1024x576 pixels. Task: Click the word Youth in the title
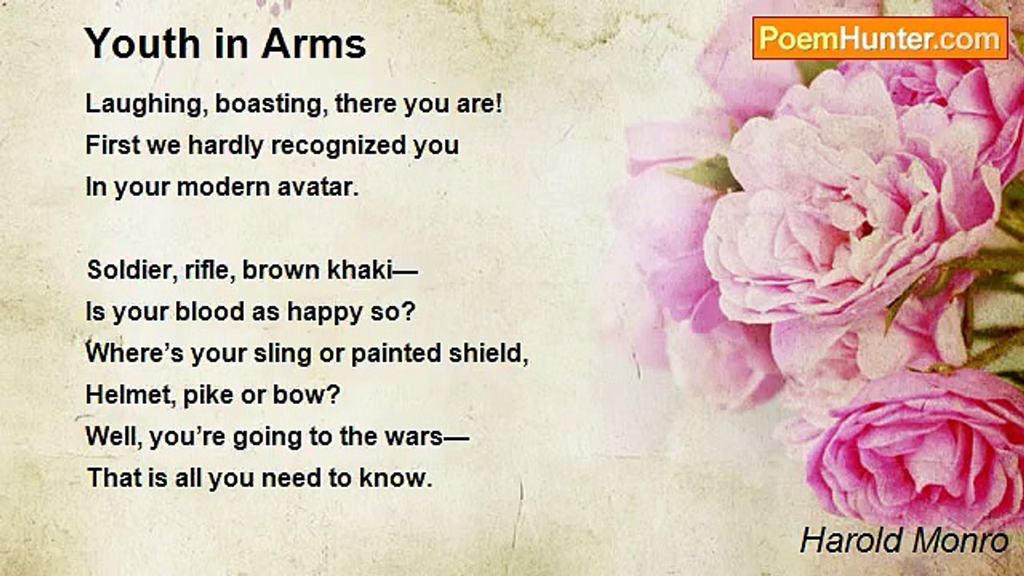pyautogui.click(x=143, y=43)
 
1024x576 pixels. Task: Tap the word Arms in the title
pyautogui.click(x=314, y=43)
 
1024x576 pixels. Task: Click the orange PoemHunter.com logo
pyautogui.click(x=880, y=38)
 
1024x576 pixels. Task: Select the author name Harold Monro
pyautogui.click(x=904, y=541)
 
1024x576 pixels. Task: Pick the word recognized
pyautogui.click(x=338, y=146)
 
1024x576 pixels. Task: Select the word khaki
pyautogui.click(x=360, y=270)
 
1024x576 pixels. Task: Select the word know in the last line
pyautogui.click(x=395, y=478)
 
